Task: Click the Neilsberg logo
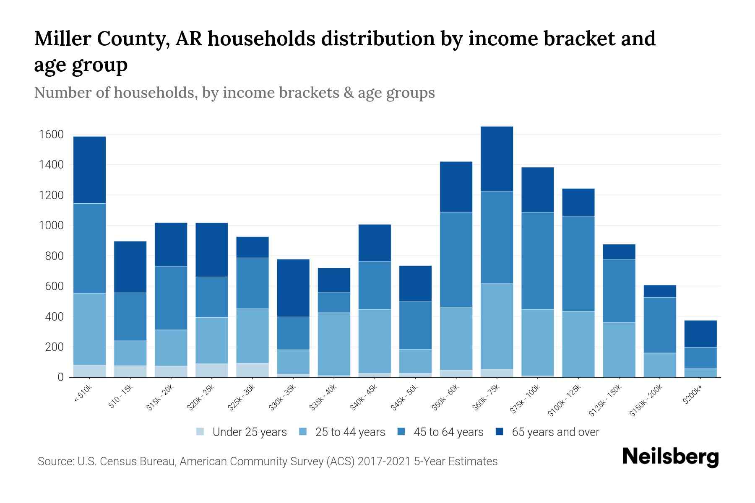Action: (x=670, y=457)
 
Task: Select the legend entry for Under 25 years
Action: (x=249, y=432)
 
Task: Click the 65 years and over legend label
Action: (x=555, y=432)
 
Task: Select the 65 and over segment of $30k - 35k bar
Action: (x=293, y=288)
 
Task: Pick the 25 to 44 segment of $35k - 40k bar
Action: (x=334, y=344)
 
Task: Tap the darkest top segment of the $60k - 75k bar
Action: (x=497, y=159)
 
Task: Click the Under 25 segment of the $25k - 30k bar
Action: (x=253, y=370)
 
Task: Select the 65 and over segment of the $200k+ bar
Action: (x=700, y=334)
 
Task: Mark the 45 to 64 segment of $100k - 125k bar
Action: (x=578, y=264)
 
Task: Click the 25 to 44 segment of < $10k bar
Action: (x=89, y=329)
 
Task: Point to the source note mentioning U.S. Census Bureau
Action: (x=267, y=462)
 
